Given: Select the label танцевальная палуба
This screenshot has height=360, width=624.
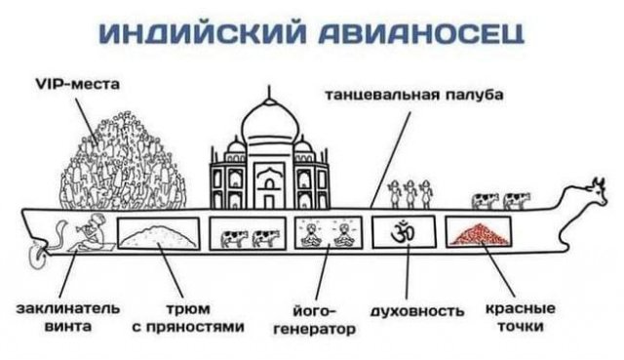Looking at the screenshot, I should [x=413, y=96].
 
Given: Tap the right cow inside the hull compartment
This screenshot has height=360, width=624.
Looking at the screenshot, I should [x=263, y=237].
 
